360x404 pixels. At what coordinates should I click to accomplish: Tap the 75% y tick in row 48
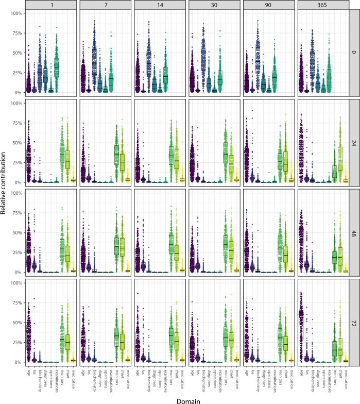tap(15, 213)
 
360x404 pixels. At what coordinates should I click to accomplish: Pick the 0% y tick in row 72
tap(17, 362)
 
